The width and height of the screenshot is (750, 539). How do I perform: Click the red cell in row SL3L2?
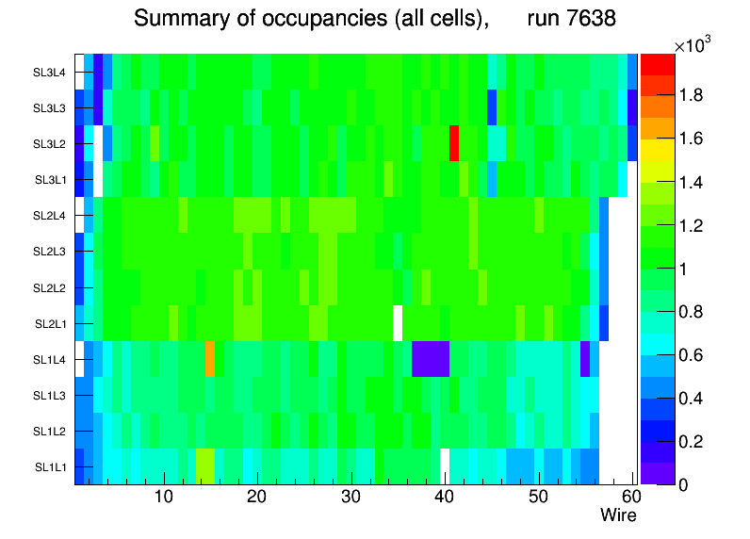454,143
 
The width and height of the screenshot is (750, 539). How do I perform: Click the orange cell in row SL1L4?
210,359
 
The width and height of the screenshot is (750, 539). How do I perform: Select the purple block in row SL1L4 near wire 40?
431,359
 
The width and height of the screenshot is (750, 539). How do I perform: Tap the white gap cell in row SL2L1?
398,322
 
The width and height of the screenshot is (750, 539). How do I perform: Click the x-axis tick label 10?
164,498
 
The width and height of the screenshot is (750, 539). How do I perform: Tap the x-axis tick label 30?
351,498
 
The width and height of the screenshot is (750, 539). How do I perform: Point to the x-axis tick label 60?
630,498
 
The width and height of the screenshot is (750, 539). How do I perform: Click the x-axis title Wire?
618,515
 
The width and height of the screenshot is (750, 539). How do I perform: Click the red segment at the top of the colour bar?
657,63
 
